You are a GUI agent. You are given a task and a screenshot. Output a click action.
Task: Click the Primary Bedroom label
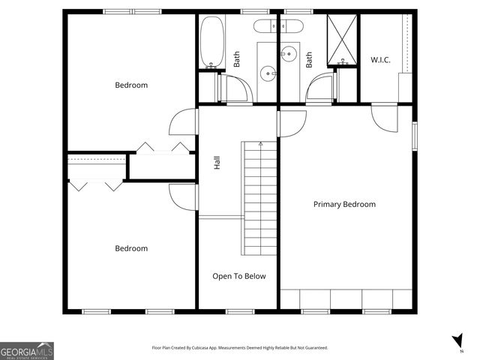(344, 204)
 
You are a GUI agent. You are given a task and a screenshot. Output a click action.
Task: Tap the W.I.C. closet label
(380, 59)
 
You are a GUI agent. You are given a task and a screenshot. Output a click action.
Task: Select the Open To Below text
(238, 276)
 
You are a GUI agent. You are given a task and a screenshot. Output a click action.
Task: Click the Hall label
(217, 162)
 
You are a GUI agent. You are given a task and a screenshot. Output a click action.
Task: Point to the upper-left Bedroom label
(131, 85)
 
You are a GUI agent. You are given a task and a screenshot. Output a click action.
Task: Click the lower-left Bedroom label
(131, 248)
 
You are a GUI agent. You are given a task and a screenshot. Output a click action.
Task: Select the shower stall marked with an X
(342, 39)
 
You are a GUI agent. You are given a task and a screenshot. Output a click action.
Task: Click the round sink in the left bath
(267, 73)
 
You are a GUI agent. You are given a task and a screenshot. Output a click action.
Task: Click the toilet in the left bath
(267, 28)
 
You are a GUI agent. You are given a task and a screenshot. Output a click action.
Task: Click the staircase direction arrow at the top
(260, 142)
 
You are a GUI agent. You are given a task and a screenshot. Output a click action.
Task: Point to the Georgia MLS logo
(27, 351)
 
